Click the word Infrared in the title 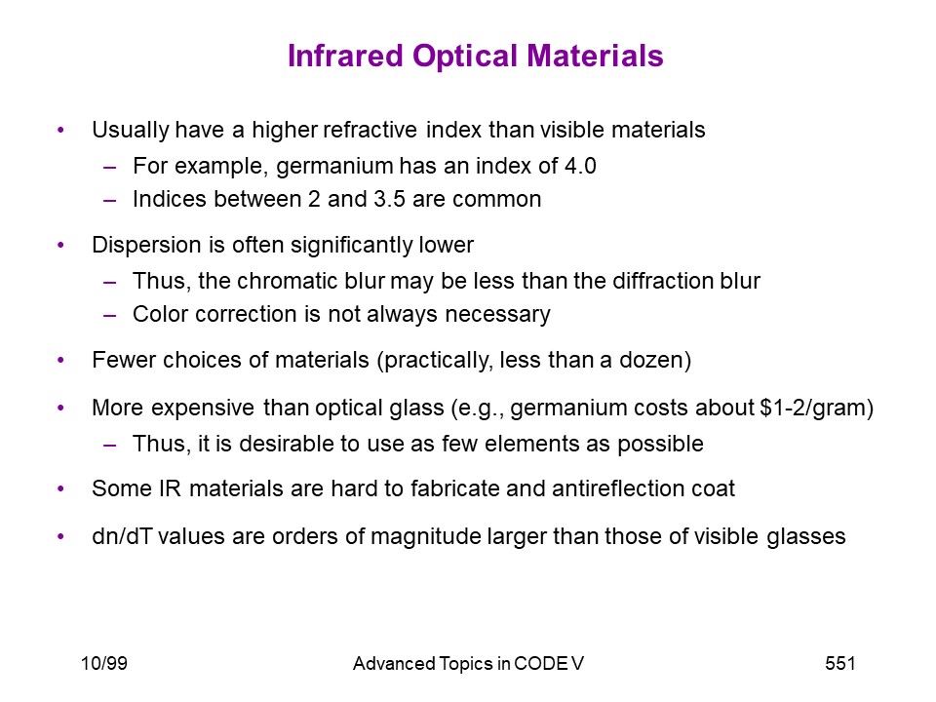pyautogui.click(x=345, y=56)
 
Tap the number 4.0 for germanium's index pyautogui.click(x=580, y=166)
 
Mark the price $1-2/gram pyautogui.click(x=813, y=409)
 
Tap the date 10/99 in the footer pyautogui.click(x=104, y=663)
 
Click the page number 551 pyautogui.click(x=839, y=663)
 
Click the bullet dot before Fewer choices pyautogui.click(x=60, y=360)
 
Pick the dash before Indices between pyautogui.click(x=109, y=200)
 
